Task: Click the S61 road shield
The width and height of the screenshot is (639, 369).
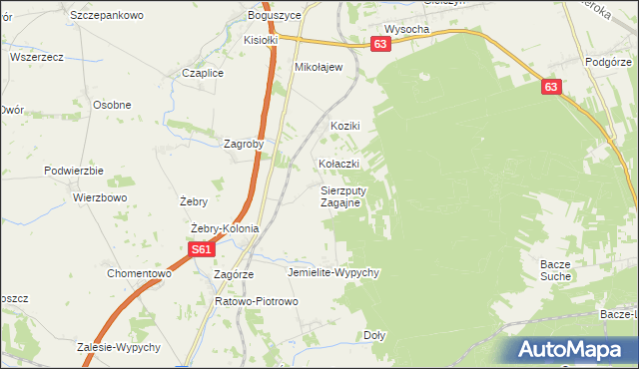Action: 201,250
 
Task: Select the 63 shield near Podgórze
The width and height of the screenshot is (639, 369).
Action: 552,88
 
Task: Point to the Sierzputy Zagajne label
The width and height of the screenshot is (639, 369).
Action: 346,195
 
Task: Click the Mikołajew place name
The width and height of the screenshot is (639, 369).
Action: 319,67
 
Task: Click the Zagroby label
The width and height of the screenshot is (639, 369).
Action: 244,143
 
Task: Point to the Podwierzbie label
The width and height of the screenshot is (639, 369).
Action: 68,171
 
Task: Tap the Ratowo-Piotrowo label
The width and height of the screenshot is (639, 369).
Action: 257,300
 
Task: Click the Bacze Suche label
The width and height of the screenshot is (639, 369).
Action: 555,269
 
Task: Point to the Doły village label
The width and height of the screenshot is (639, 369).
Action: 374,335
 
